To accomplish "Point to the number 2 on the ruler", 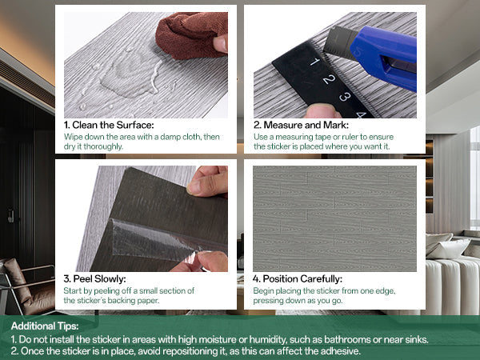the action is [329, 79].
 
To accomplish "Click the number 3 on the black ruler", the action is [345, 97].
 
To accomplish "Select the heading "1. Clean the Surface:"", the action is [109, 125].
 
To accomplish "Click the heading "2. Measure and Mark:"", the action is [301, 125].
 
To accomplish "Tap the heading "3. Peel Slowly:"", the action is [94, 279].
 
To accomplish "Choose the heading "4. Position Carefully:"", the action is [298, 279].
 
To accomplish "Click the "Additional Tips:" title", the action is [45, 326].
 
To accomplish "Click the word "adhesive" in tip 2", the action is [339, 351].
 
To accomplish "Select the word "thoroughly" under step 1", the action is [103, 147].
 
